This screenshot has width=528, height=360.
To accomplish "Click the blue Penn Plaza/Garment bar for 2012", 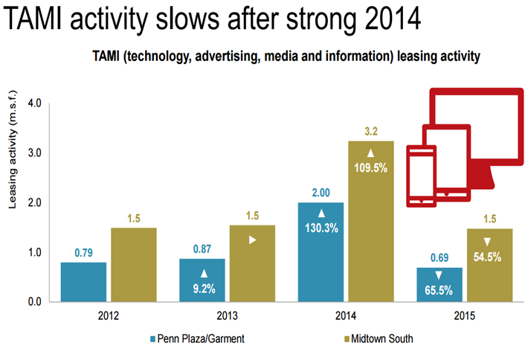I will coord(83,282).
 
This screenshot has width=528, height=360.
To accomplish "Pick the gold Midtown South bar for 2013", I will coord(252,263).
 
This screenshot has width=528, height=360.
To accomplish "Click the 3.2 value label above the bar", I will coord(371,132).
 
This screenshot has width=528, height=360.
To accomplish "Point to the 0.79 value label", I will coord(83,253).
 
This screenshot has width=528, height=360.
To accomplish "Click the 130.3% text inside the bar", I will coord(320,229).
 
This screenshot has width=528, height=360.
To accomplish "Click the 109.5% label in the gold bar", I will coord(371,168).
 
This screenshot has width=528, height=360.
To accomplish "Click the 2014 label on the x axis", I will coord(346,314).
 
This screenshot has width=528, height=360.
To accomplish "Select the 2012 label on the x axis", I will coord(108,314).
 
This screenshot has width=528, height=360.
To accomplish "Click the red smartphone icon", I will coord(422,177).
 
